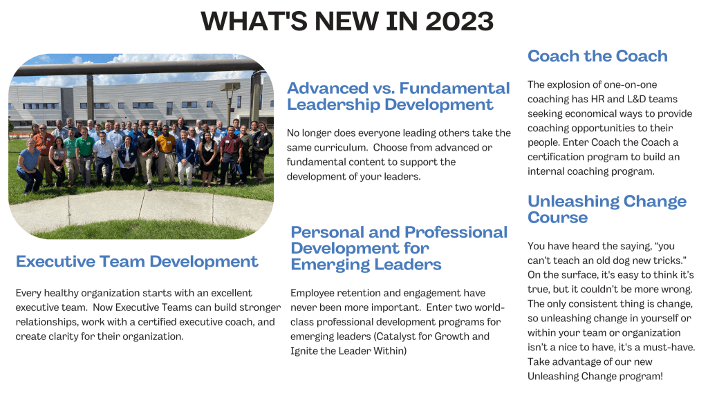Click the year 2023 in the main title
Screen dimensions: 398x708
pyautogui.click(x=459, y=21)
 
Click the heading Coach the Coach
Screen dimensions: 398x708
pyautogui.click(x=597, y=56)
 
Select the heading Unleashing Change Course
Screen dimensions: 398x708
pyautogui.click(x=606, y=209)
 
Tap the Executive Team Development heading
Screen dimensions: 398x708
pyautogui.click(x=137, y=261)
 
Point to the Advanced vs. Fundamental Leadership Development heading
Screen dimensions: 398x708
pyautogui.click(x=398, y=96)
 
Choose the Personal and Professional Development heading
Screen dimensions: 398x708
pyautogui.click(x=398, y=247)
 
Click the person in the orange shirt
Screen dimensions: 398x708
pyautogui.click(x=165, y=144)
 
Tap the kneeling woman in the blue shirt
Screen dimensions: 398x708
pyautogui.click(x=28, y=167)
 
